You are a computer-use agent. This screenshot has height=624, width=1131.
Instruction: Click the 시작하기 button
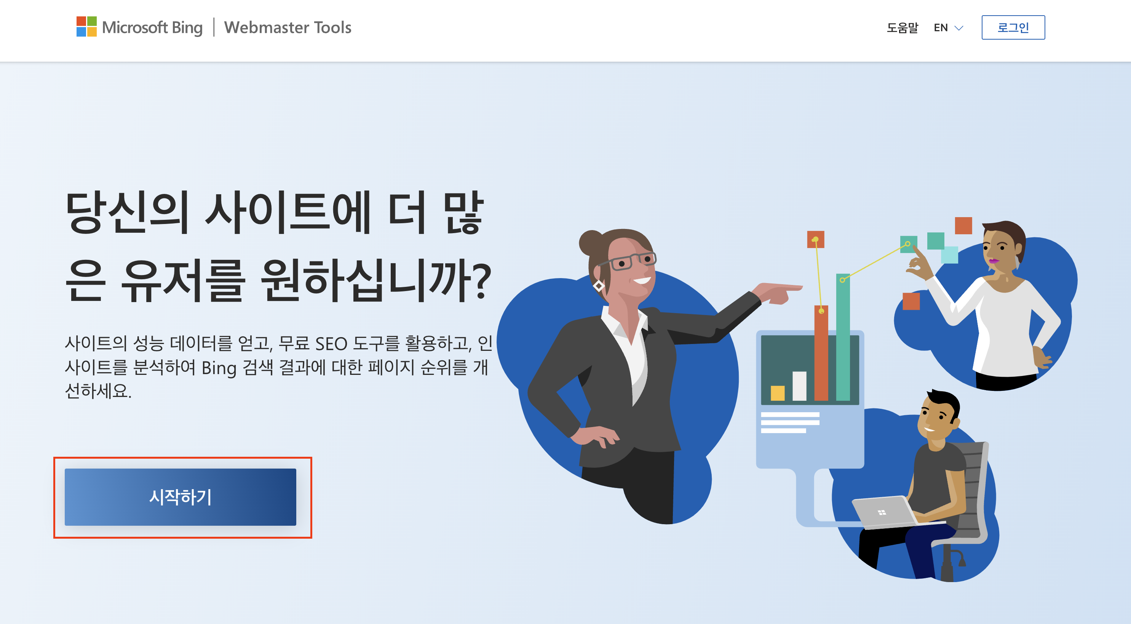pos(180,497)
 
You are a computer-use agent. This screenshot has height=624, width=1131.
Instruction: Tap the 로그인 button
pos(1013,28)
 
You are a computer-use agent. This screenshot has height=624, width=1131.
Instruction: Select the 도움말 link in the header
pos(902,28)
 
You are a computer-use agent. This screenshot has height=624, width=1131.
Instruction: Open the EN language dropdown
pos(948,28)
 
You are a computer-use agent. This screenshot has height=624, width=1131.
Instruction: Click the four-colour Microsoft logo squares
pos(86,26)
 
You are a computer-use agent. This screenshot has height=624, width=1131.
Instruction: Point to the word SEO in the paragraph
pos(331,344)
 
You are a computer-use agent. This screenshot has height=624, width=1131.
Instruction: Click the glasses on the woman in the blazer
pos(628,261)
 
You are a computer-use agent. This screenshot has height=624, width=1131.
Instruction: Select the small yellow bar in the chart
pos(778,393)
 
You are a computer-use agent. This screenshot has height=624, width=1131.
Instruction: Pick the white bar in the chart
pos(799,386)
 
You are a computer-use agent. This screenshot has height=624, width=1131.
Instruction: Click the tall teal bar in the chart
pos(843,337)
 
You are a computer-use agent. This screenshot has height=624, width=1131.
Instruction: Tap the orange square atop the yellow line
pos(815,239)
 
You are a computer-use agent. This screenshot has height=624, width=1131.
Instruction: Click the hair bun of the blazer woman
pos(591,243)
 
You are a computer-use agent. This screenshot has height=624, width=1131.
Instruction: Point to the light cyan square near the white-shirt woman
pos(950,255)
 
